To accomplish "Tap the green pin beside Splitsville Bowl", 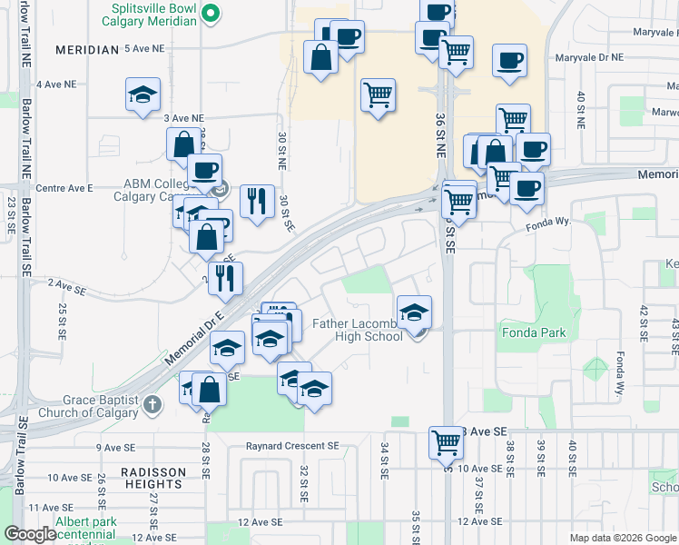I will (211, 13).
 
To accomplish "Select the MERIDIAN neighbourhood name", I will (86, 50).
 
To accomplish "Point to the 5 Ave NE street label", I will (145, 47).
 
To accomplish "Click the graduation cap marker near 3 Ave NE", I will (143, 95).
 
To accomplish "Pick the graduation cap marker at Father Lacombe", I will (414, 312).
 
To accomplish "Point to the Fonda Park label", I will (533, 332).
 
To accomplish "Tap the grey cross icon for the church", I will (152, 401).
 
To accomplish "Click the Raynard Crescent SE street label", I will (291, 446).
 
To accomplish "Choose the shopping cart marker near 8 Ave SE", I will (446, 443).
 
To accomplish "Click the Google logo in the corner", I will (30, 534).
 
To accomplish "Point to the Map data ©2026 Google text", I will (622, 538).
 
